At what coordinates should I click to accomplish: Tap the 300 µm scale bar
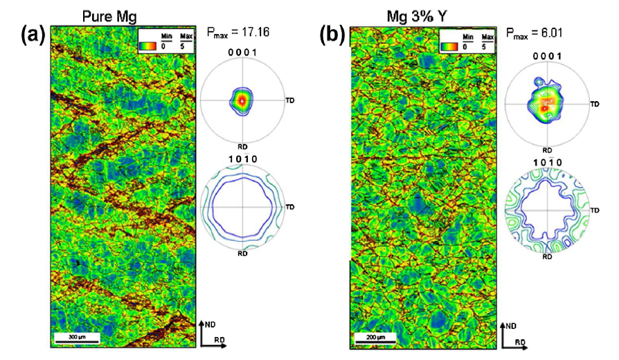click(x=78, y=337)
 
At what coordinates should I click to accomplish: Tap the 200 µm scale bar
click(x=374, y=337)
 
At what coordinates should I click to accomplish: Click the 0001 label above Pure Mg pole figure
click(x=242, y=52)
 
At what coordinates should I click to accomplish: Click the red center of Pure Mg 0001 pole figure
click(x=242, y=100)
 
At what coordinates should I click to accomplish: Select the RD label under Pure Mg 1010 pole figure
click(x=242, y=253)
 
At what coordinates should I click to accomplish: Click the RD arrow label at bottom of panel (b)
click(x=521, y=342)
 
